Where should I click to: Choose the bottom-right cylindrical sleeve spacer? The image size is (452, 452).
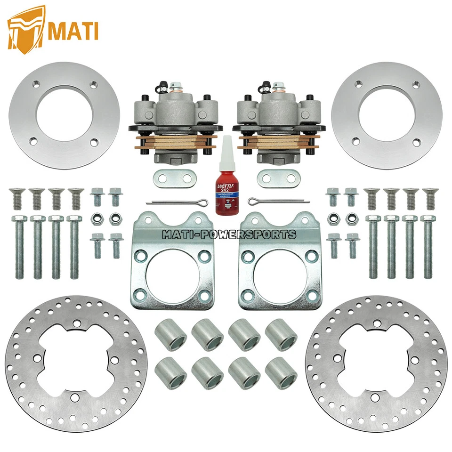(281, 372)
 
